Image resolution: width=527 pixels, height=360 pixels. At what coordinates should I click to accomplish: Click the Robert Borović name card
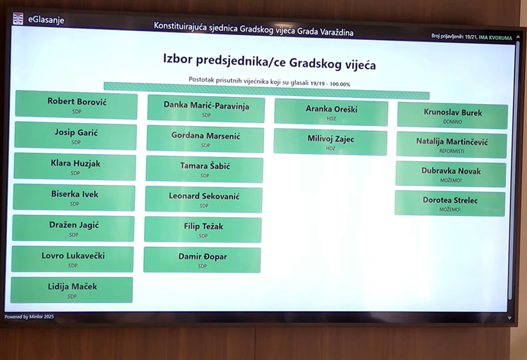pyautogui.click(x=77, y=105)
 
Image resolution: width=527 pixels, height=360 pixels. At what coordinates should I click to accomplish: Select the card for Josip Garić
pyautogui.click(x=76, y=136)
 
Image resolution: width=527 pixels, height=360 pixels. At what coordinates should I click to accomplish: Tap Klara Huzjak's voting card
pyautogui.click(x=75, y=167)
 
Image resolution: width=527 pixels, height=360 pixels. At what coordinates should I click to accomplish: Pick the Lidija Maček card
pyautogui.click(x=72, y=290)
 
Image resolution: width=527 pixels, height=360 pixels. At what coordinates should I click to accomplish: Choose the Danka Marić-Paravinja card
pyautogui.click(x=206, y=109)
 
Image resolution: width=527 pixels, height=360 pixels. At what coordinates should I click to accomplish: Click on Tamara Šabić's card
pyautogui.click(x=204, y=169)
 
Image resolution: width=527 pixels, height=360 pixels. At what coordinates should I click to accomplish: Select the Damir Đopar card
pyautogui.click(x=202, y=260)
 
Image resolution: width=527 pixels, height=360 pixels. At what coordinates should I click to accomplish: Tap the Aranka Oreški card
pyautogui.click(x=331, y=112)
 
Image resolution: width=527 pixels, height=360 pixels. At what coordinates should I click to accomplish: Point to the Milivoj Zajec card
pyautogui.click(x=330, y=141)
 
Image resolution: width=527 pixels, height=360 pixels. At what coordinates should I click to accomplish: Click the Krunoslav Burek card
pyautogui.click(x=453, y=115)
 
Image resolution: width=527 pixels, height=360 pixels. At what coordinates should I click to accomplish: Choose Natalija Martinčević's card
pyautogui.click(x=451, y=145)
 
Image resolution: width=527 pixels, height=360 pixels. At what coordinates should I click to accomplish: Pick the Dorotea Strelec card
pyautogui.click(x=450, y=203)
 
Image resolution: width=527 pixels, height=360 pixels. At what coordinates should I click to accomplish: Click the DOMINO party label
pyautogui.click(x=453, y=122)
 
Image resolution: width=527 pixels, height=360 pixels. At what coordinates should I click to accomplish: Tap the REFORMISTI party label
pyautogui.click(x=452, y=151)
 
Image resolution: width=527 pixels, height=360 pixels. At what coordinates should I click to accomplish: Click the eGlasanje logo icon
pyautogui.click(x=18, y=18)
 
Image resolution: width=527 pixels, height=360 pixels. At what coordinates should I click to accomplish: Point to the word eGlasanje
pyautogui.click(x=46, y=20)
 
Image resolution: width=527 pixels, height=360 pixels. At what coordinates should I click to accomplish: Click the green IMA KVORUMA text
pyautogui.click(x=495, y=38)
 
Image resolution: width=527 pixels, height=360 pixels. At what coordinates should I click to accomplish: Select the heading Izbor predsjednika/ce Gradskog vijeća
pyautogui.click(x=269, y=61)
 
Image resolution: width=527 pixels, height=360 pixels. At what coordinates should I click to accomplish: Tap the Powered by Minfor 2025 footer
pyautogui.click(x=30, y=316)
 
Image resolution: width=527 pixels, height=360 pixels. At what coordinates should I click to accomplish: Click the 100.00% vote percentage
pyautogui.click(x=340, y=84)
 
